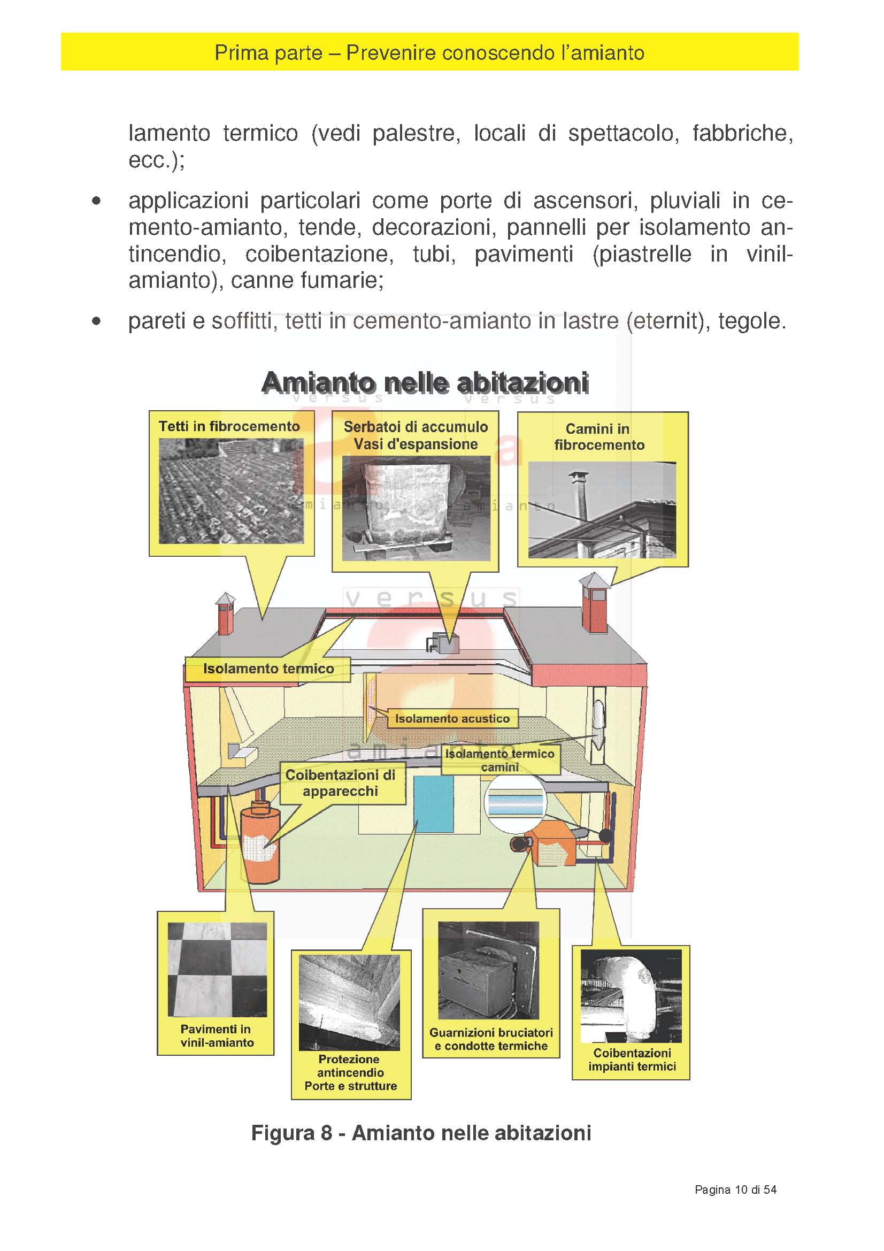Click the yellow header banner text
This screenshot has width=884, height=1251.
coord(429,53)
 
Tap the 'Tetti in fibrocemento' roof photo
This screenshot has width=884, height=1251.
coord(231,491)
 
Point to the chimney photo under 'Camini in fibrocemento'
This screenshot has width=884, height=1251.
coord(602,510)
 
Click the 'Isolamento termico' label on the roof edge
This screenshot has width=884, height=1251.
coord(268,669)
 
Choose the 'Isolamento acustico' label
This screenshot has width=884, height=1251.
coord(452,719)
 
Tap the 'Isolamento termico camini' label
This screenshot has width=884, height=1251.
coord(499,760)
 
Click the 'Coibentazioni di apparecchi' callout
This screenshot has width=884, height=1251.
coord(341,783)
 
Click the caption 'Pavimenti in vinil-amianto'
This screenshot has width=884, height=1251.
coord(216,1036)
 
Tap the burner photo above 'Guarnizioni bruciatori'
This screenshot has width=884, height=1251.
coord(488,970)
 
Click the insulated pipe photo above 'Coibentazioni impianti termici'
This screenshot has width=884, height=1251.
coord(631,996)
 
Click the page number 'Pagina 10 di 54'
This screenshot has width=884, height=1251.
coord(735,1190)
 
